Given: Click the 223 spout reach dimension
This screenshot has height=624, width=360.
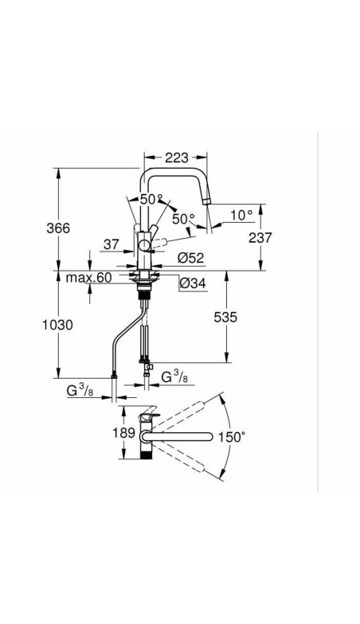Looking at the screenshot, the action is [x=177, y=158].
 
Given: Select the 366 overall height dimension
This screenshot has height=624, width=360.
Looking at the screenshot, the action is [x=58, y=228].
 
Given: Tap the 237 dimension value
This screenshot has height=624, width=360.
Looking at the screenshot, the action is [x=260, y=237].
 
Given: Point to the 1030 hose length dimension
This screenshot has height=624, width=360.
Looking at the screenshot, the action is [x=58, y=325].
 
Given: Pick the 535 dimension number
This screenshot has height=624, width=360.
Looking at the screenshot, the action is [x=225, y=317].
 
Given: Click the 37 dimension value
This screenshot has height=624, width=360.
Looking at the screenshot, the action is [x=112, y=244].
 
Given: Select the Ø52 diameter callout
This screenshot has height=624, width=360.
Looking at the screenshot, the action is [x=191, y=258].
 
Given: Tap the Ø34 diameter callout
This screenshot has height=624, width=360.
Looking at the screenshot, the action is [x=193, y=283].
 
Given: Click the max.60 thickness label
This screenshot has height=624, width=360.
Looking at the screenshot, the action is [x=89, y=277].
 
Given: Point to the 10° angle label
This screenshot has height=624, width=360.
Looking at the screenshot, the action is [x=242, y=215].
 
